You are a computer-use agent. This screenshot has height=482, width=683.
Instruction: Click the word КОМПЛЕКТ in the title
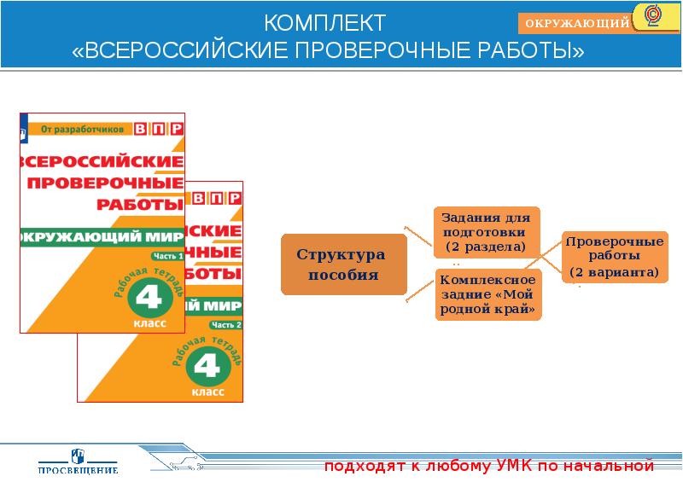pos(324,21)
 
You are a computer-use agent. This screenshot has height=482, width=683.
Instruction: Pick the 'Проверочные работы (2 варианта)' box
pos(614,257)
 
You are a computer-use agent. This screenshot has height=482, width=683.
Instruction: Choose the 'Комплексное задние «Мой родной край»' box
pos(488,295)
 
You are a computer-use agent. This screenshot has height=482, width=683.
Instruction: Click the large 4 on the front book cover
pos(150,298)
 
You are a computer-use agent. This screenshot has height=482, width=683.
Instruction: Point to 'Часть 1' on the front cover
pos(167,256)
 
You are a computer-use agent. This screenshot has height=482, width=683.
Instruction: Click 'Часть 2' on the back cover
pos(226,325)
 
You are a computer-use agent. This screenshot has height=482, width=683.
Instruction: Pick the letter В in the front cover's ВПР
pos(142,129)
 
